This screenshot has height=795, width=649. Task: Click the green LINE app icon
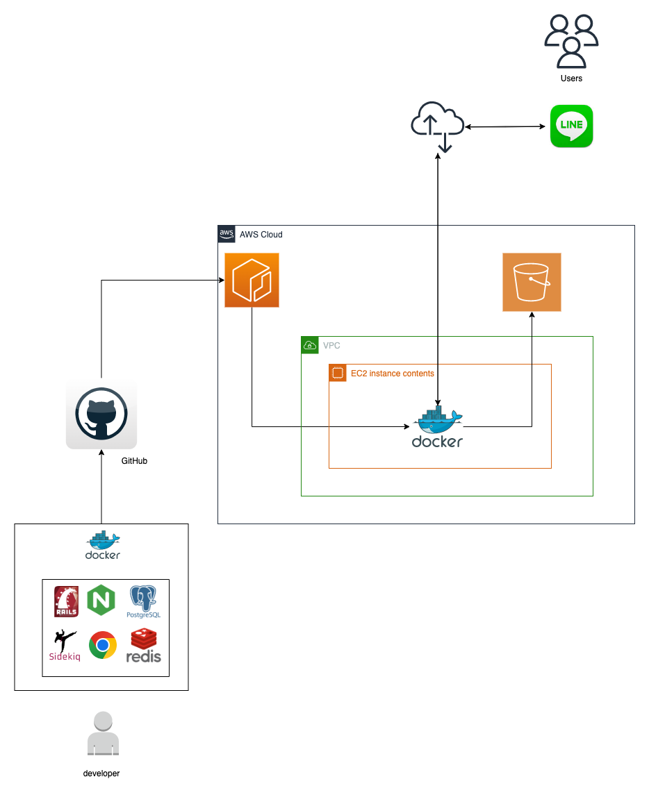point(571,126)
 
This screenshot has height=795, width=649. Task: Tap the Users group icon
point(570,40)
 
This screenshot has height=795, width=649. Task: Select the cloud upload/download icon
point(437,126)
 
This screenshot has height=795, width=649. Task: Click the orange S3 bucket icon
point(532,282)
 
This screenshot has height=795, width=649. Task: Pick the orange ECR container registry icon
point(252,280)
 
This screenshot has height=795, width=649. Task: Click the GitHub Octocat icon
point(101,415)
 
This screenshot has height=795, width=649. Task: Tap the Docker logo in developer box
point(102,546)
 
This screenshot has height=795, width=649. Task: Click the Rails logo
point(67,601)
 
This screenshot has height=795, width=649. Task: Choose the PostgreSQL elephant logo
point(144,601)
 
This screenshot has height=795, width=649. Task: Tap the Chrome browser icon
point(102,646)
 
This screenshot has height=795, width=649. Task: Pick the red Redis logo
point(144,646)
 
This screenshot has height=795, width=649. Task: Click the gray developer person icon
point(102,734)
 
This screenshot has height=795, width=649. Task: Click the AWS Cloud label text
point(261,235)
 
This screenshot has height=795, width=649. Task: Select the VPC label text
point(331,345)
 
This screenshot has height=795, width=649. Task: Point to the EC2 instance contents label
point(392,374)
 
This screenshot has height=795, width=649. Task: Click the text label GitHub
point(134,461)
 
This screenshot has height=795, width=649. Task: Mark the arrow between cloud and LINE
point(505,126)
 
